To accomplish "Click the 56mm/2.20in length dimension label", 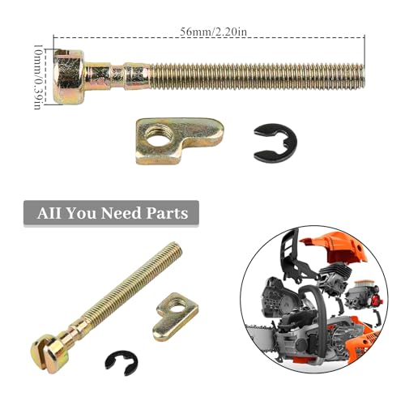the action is click(213, 32).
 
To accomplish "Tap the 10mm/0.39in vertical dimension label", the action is click(37, 77).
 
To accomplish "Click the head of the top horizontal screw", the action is click(69, 77).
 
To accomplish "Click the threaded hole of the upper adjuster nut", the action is click(156, 135).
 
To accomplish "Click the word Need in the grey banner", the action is click(121, 213).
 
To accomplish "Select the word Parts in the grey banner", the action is click(167, 213).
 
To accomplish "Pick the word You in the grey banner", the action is click(81, 213).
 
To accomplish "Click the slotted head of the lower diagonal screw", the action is click(49, 352).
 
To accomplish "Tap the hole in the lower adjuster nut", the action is click(176, 307).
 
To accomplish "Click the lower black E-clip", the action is click(122, 363).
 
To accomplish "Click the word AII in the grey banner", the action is click(49, 213).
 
